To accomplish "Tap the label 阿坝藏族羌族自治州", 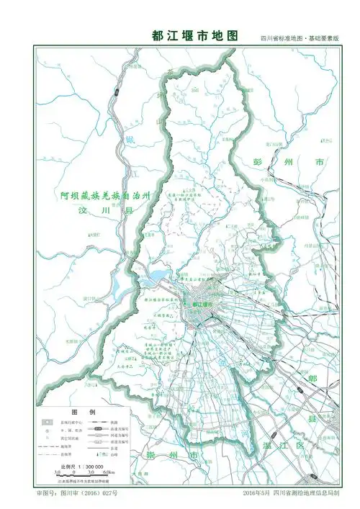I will pyautogui.click(x=105, y=195).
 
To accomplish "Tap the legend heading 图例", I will pyautogui.click(x=78, y=411).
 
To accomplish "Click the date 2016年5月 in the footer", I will pyautogui.click(x=258, y=495).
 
